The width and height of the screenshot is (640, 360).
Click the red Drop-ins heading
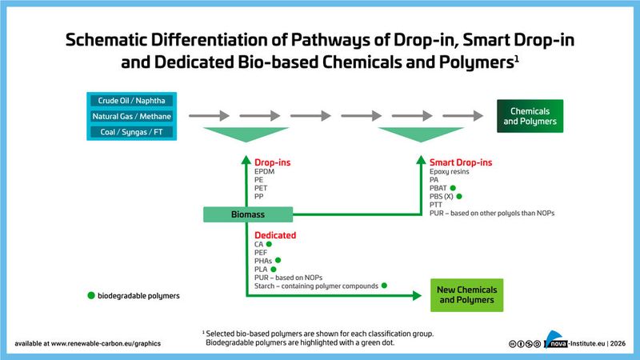(272, 163)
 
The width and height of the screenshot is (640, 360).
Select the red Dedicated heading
(275, 235)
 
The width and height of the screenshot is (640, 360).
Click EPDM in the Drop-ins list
(265, 172)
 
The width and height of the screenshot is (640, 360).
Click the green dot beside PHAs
(278, 261)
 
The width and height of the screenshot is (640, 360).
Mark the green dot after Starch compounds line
(385, 286)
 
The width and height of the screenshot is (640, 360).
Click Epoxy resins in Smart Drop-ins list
(450, 172)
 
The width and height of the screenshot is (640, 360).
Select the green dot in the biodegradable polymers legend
(90, 295)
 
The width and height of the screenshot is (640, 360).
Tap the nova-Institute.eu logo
(573, 342)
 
